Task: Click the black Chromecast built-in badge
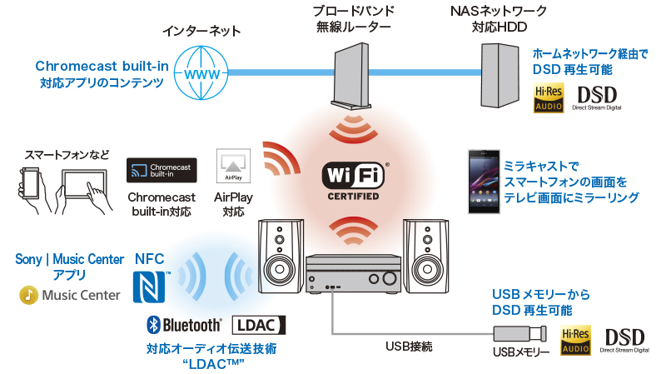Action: (162, 170)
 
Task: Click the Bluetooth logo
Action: (184, 325)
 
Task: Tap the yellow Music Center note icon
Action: (29, 295)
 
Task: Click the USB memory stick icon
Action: (519, 335)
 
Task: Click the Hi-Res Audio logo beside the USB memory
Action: (577, 341)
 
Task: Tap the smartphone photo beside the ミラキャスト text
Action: (482, 182)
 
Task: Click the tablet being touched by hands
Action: (86, 182)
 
